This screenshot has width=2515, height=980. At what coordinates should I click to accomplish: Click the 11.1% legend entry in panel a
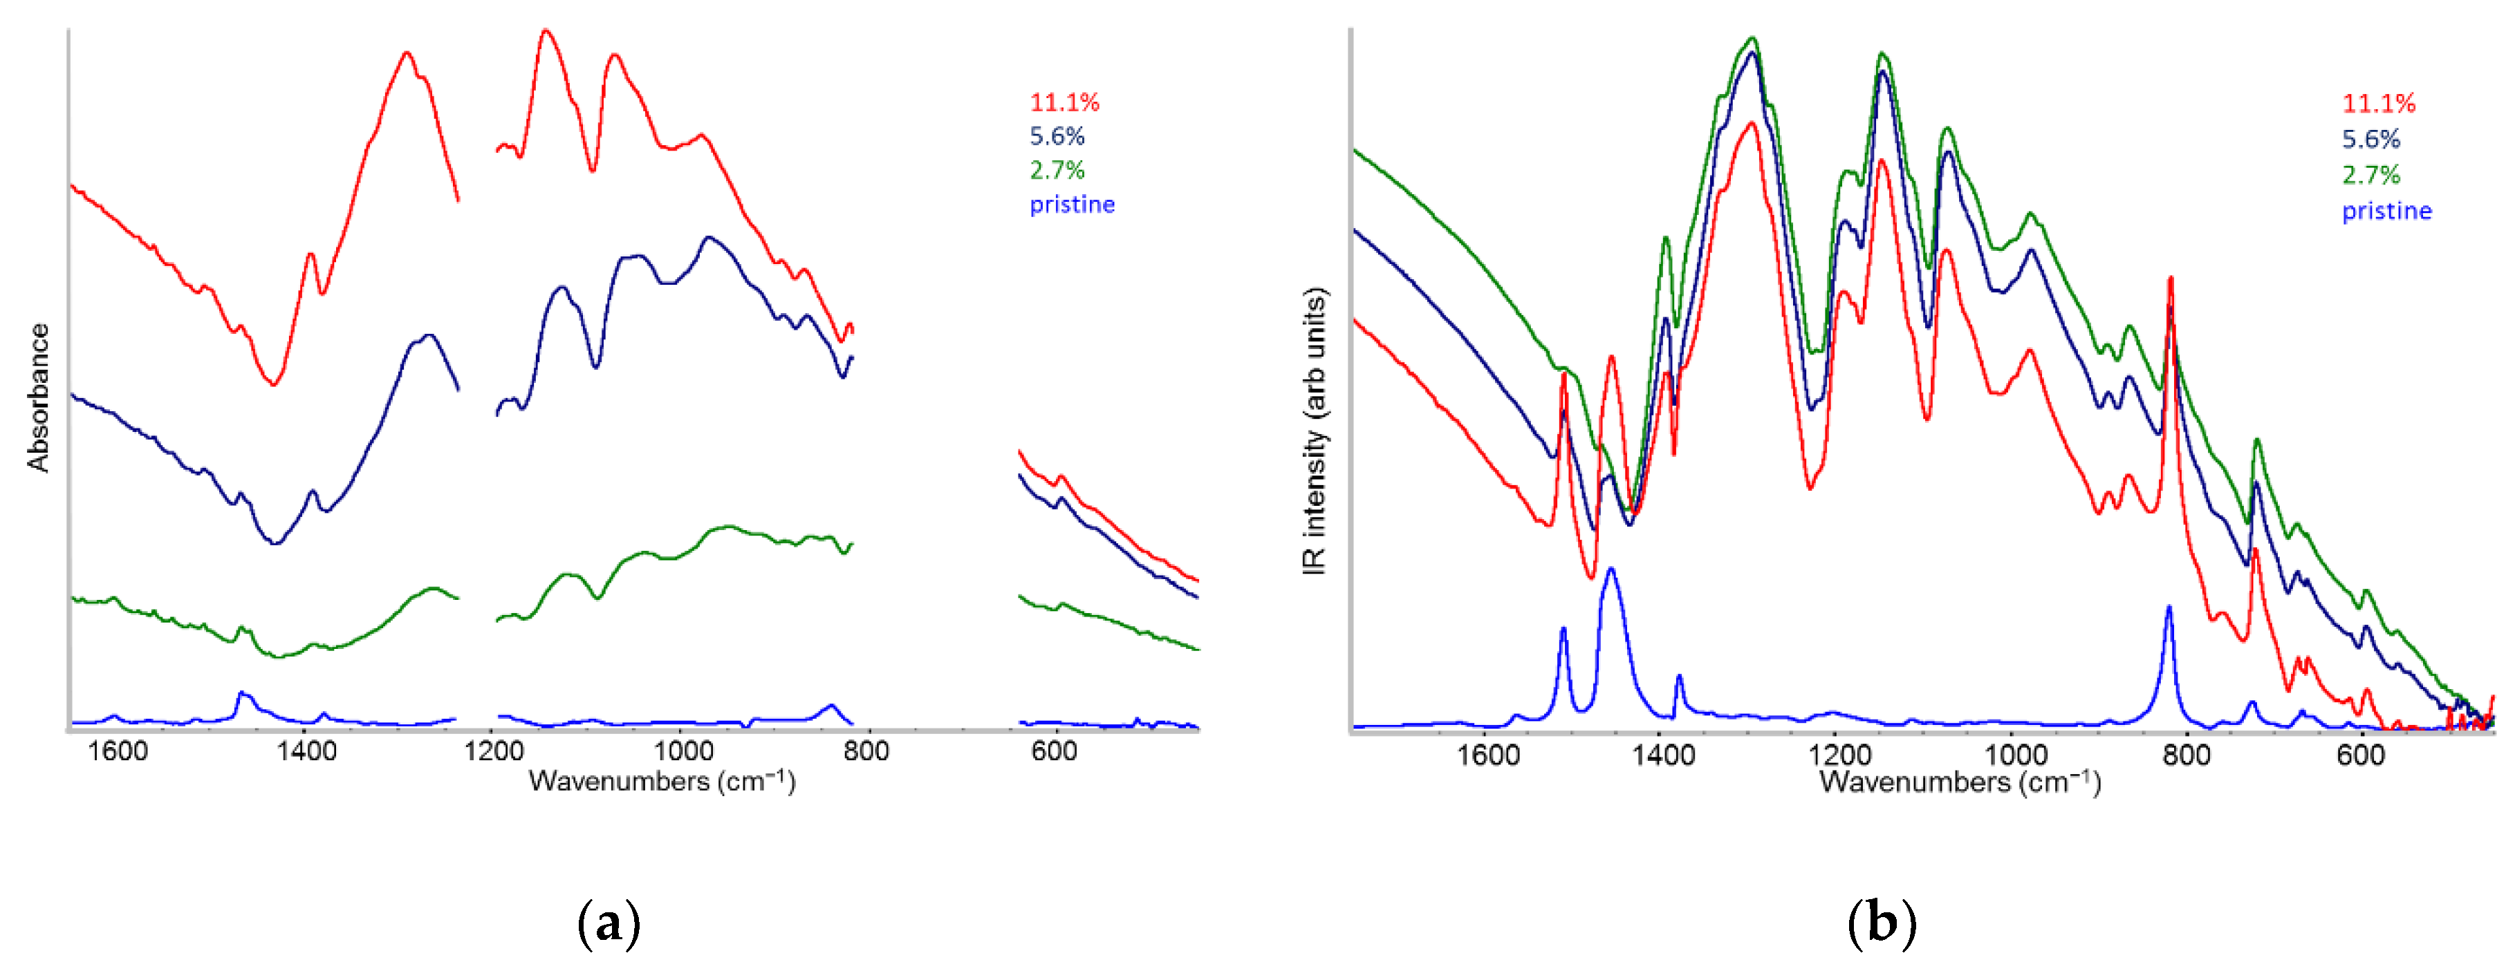(x=1064, y=102)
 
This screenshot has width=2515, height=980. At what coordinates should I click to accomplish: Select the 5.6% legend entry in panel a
(x=1057, y=137)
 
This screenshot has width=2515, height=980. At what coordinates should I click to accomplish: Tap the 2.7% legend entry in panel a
(x=1057, y=171)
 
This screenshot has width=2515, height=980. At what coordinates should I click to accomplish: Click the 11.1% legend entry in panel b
(x=2378, y=104)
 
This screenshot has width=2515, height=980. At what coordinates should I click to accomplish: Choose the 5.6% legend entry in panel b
(x=2370, y=140)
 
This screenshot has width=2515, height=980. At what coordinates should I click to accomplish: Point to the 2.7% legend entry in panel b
(x=2370, y=176)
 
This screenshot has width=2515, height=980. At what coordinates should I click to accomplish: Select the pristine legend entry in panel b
(x=2386, y=211)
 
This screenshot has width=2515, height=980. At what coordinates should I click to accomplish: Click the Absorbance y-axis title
(x=38, y=398)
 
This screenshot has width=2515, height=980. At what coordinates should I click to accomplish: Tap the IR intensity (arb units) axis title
(x=1315, y=431)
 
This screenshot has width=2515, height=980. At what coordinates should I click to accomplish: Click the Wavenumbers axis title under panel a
(x=662, y=781)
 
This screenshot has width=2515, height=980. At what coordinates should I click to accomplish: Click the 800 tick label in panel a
(x=865, y=752)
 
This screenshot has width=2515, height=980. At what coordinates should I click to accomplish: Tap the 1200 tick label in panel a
(x=493, y=752)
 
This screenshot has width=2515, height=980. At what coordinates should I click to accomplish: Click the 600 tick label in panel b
(x=2361, y=755)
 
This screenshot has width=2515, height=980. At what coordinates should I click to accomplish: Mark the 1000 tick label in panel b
(x=2015, y=755)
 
